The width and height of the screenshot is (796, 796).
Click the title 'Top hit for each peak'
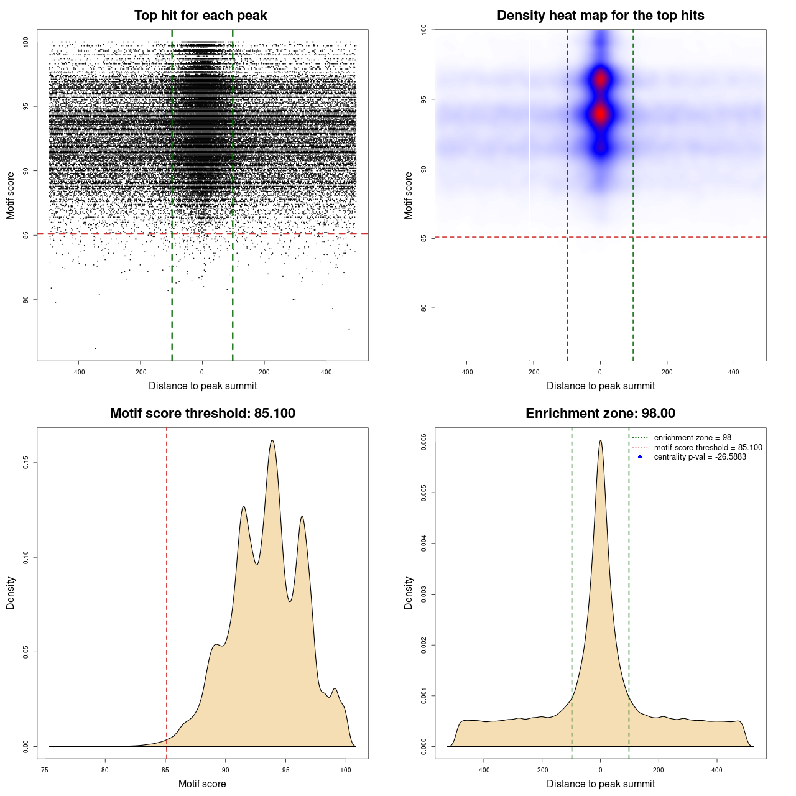click(200, 16)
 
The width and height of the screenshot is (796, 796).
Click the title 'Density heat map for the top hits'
click(600, 16)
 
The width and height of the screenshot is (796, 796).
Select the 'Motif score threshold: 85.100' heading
click(202, 414)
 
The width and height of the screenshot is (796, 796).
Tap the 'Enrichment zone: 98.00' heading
click(600, 414)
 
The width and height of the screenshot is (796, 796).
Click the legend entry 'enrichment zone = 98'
click(692, 438)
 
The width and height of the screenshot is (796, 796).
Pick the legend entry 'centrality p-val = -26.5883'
click(700, 457)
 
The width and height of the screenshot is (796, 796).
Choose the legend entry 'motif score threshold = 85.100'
click(708, 448)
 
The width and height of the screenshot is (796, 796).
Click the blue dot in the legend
click(640, 457)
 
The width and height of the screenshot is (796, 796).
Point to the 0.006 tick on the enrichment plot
click(423, 442)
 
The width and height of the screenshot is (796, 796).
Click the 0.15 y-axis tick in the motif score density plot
click(25, 463)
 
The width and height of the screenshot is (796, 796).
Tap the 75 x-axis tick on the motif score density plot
click(45, 770)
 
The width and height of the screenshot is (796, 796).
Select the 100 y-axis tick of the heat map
click(423, 29)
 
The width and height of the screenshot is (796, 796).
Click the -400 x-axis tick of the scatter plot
click(78, 372)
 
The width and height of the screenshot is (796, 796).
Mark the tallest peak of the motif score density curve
click(272, 440)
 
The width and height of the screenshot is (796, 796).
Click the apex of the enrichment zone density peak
click(600, 440)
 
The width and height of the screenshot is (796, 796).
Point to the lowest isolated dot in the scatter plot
click(95, 348)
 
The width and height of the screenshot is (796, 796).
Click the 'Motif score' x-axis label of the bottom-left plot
click(202, 784)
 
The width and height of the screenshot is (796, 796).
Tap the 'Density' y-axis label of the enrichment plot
click(409, 593)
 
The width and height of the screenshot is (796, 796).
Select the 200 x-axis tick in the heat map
click(667, 372)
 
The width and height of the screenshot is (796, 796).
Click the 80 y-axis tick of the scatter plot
click(25, 299)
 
